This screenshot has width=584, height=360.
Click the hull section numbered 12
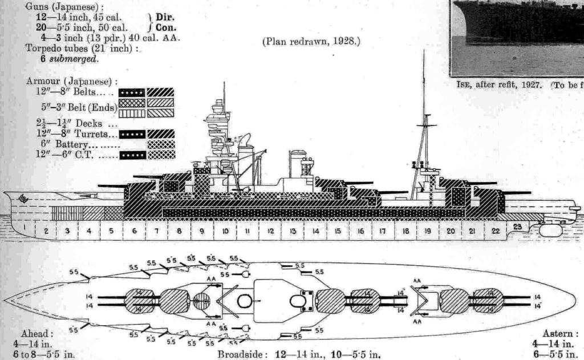pyautogui.click(x=271, y=232)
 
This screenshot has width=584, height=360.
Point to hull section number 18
pyautogui.click(x=405, y=232)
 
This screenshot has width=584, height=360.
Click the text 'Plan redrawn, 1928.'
pyautogui.click(x=311, y=42)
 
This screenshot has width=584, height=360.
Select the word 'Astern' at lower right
pyautogui.click(x=561, y=334)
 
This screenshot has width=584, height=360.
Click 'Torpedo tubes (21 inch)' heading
pyautogui.click(x=82, y=48)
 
